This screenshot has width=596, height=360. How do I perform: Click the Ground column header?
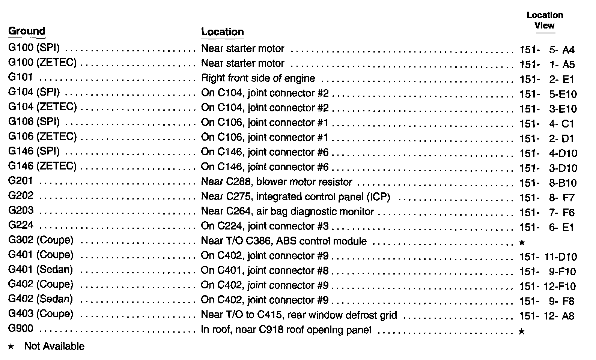pos(27,31)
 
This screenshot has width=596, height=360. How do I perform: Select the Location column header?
pos(222,32)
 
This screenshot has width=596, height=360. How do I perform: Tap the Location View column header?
pos(545,21)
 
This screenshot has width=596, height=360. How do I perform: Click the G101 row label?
pos(21,78)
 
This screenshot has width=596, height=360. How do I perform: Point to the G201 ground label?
pos(21,181)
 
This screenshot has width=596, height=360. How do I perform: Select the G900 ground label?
pos(21,329)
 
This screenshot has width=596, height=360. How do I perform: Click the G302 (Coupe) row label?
pos(41,240)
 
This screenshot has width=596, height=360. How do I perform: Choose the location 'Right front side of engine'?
pos(258,78)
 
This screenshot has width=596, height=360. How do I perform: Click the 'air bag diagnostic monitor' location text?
pos(287,211)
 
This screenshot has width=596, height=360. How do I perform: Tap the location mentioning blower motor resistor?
pos(277,182)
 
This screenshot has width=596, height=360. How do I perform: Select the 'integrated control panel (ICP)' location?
pos(296,197)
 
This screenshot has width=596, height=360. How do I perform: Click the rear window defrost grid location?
pos(299,315)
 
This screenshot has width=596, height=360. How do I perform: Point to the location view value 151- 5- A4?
pos(547,50)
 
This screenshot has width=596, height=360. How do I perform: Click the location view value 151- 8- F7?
pos(547,198)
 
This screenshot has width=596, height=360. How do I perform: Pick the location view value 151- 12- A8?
pos(547,316)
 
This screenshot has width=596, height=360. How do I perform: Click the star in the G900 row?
pos(521,331)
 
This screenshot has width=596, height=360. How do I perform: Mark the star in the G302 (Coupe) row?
pos(521,243)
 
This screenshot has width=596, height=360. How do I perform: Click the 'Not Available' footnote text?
pos(54,346)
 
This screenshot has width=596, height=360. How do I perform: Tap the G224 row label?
pos(21,225)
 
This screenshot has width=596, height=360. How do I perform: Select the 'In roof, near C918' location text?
pos(286,330)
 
